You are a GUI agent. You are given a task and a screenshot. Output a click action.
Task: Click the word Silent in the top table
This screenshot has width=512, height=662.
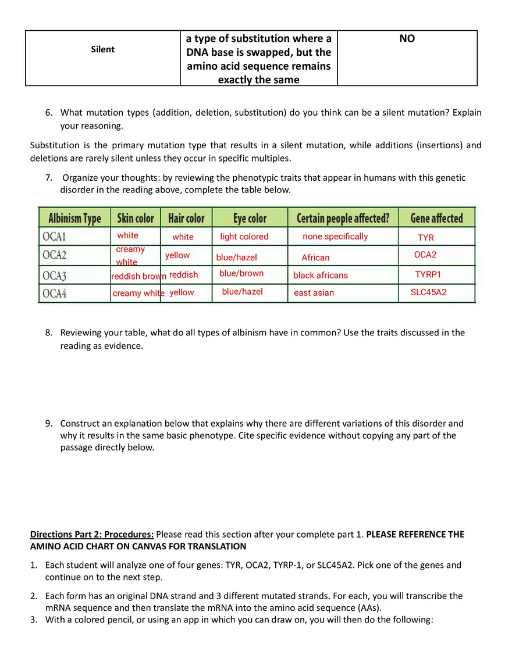pyautogui.click(x=103, y=49)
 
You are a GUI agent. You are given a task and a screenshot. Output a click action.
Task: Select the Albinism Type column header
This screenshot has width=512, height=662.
pyautogui.click(x=74, y=219)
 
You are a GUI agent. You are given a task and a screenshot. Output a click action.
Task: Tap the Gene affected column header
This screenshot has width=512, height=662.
pyautogui.click(x=436, y=219)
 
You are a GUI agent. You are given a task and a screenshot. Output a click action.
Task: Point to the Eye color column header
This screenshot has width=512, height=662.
pyautogui.click(x=250, y=219)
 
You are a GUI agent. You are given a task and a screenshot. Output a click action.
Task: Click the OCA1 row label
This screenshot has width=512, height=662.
pyautogui.click(x=54, y=237)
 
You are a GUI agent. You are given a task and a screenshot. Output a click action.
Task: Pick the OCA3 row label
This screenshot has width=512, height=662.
pyautogui.click(x=55, y=275)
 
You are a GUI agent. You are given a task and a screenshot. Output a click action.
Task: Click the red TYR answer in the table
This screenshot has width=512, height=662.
pyautogui.click(x=426, y=238)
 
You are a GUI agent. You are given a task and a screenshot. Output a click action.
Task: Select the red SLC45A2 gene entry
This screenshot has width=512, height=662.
pyautogui.click(x=428, y=292)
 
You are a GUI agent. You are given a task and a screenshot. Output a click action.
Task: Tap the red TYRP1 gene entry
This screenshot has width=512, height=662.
pyautogui.click(x=428, y=274)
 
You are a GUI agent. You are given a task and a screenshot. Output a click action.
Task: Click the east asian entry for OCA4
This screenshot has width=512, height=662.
pyautogui.click(x=314, y=293)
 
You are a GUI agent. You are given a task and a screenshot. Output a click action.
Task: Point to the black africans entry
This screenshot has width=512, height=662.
pyautogui.click(x=320, y=275)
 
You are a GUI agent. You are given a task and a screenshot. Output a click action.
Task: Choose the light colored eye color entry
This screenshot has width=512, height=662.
pyautogui.click(x=244, y=237)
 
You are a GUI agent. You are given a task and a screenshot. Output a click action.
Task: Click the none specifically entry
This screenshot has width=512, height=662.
pyautogui.click(x=335, y=237)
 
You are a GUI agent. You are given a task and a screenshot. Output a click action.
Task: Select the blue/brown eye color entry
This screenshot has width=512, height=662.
pyautogui.click(x=241, y=273)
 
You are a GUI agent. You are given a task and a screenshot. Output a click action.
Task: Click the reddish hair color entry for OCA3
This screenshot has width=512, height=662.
pyautogui.click(x=183, y=275)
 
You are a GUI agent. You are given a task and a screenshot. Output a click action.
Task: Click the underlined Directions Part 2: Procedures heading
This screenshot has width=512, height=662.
pyautogui.click(x=92, y=534)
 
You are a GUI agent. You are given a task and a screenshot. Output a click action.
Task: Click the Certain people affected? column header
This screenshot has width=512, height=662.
pyautogui.click(x=343, y=219)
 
